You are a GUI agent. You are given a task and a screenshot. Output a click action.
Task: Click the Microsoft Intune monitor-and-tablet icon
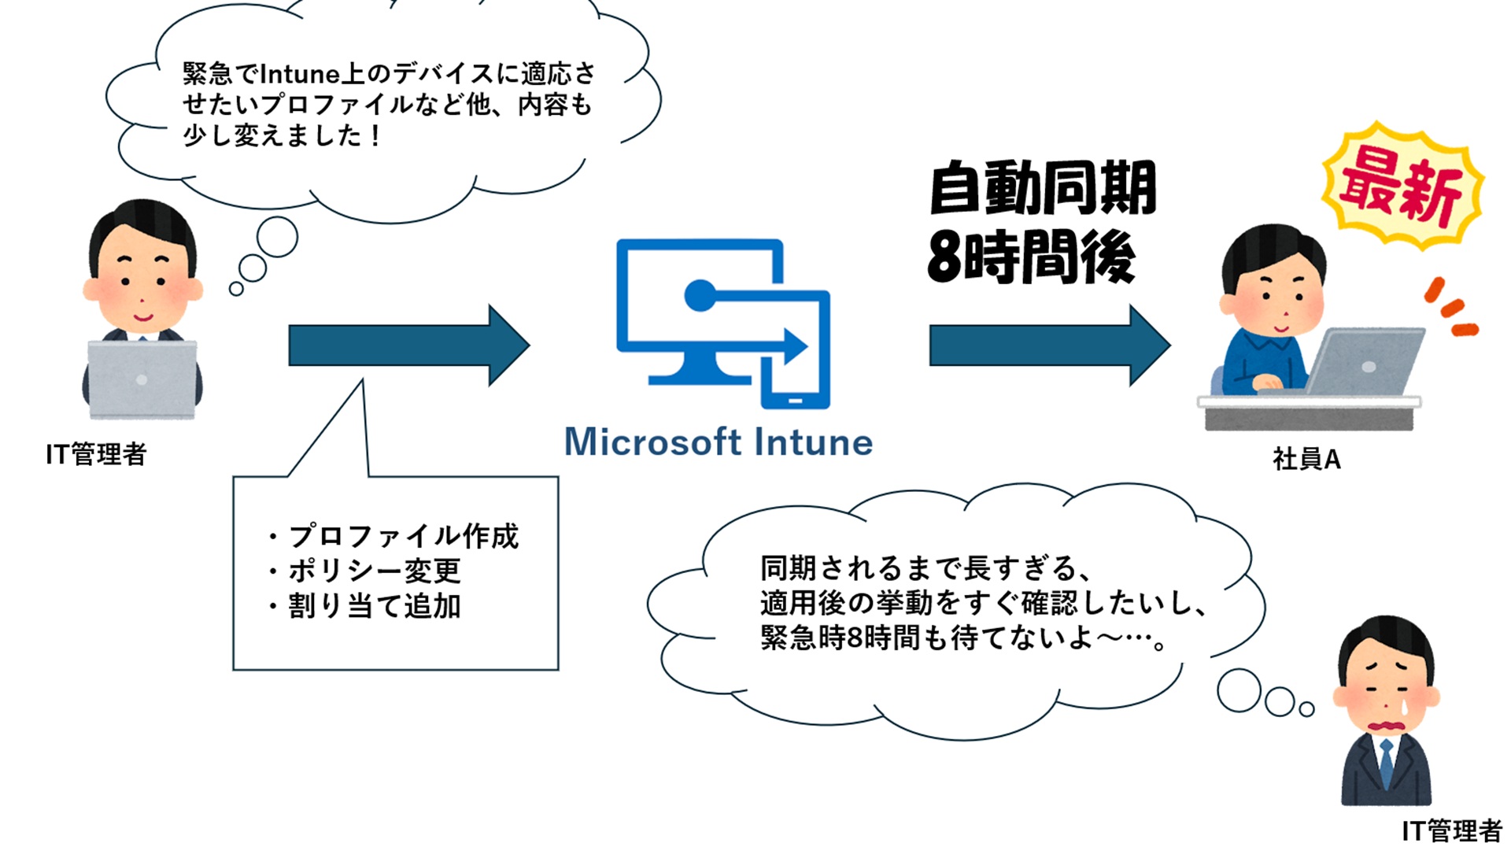722,323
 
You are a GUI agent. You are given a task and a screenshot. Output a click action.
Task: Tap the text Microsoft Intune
718,442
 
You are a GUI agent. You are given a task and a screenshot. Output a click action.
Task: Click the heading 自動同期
1042,187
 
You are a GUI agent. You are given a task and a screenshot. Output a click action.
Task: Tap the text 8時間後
1031,257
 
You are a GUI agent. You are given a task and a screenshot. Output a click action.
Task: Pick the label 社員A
1306,460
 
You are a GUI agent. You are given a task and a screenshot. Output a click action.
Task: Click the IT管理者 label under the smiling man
96,454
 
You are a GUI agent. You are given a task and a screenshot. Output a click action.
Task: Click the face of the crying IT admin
1387,693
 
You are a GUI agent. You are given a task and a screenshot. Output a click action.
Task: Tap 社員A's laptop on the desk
1365,362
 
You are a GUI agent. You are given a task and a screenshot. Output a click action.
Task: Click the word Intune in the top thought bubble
299,74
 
